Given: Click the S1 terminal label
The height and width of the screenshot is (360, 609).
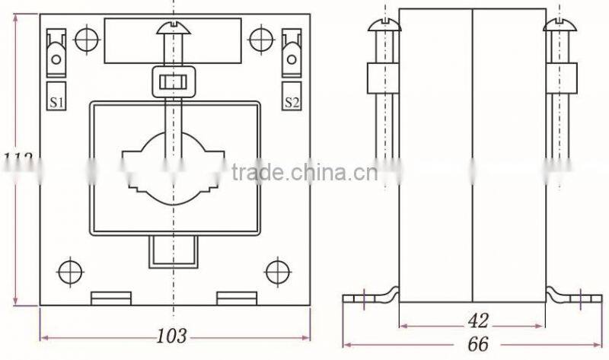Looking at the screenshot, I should [x=58, y=101].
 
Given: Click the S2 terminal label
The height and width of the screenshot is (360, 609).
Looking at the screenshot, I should [x=291, y=101].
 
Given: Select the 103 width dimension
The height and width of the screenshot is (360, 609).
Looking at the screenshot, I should [x=173, y=336].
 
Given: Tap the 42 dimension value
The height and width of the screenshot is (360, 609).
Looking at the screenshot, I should [x=477, y=320].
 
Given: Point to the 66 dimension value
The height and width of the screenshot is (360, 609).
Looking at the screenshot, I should [x=477, y=343].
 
